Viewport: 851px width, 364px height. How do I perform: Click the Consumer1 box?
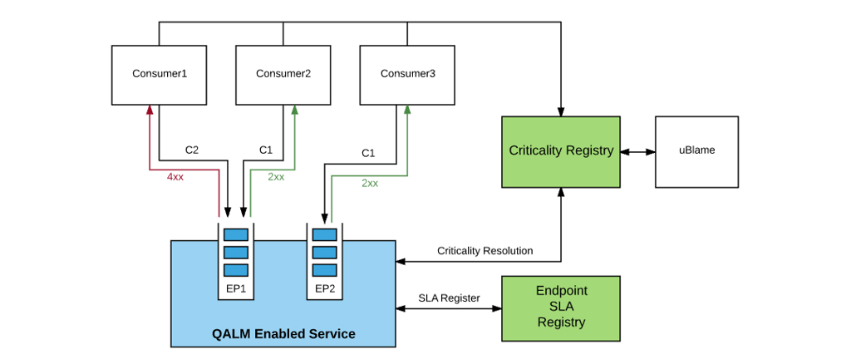click(x=159, y=74)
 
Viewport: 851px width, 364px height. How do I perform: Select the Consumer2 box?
click(x=283, y=74)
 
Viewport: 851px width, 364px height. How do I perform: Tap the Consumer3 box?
click(x=407, y=74)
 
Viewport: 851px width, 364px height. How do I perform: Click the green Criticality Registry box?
click(x=561, y=151)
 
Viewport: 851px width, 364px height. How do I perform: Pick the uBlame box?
click(x=696, y=151)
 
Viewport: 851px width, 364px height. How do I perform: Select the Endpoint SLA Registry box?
click(x=561, y=307)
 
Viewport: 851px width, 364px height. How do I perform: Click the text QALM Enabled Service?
click(x=283, y=334)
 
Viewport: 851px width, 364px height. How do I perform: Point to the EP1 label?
click(x=236, y=288)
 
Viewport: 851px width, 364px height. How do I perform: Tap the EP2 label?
click(x=325, y=288)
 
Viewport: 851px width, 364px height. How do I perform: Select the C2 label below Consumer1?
click(x=191, y=150)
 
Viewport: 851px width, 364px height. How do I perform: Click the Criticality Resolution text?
click(x=485, y=250)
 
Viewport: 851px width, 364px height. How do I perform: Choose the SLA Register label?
click(x=449, y=298)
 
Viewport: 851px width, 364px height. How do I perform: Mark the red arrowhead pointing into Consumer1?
click(x=150, y=110)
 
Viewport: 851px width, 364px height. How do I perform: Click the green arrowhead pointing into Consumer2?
click(x=295, y=110)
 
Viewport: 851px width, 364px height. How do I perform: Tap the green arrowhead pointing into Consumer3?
click(x=406, y=110)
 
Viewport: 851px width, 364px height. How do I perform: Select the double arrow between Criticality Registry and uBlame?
click(x=638, y=152)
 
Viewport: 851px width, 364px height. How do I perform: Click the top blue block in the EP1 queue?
click(x=236, y=234)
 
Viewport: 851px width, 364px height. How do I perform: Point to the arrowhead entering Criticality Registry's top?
click(x=561, y=111)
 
